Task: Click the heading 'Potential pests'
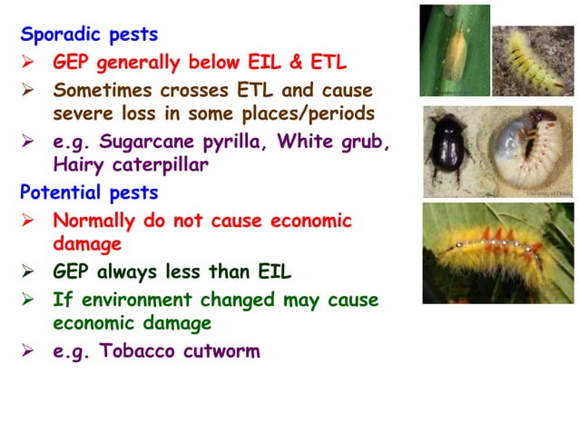89,192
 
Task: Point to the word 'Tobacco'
144,350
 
